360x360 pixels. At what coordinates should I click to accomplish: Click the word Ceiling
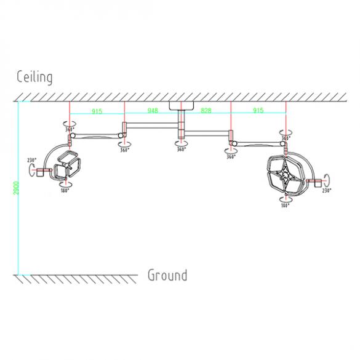(34, 77)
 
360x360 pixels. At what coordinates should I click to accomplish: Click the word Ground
(167, 274)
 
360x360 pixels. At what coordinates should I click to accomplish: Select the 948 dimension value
(152, 111)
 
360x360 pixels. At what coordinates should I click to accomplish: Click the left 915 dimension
(97, 111)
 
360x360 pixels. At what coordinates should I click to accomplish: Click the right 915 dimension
(258, 111)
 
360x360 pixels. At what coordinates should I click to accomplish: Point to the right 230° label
(326, 191)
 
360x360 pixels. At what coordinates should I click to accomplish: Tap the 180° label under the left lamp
(65, 191)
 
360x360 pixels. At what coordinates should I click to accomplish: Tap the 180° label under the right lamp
(285, 206)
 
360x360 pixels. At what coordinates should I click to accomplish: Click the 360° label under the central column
(181, 150)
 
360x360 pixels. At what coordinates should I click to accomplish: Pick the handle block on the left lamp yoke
(42, 171)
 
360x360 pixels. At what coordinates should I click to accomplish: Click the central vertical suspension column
(181, 126)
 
